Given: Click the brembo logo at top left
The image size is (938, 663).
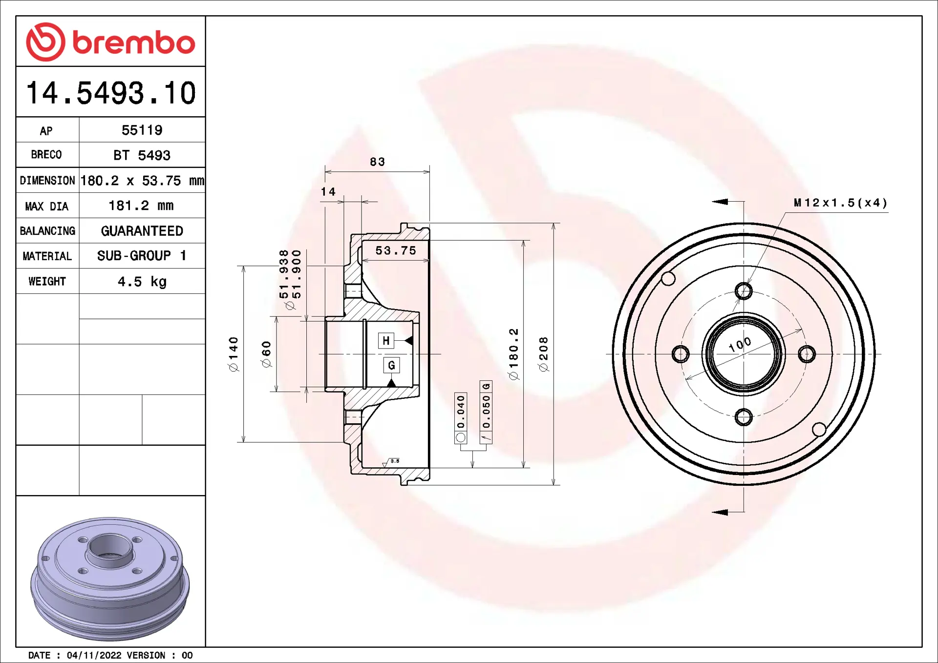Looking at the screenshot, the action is point(110,42).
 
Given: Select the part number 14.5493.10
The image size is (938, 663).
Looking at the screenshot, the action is point(111,93).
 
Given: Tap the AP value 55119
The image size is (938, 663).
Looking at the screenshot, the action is point(142,130).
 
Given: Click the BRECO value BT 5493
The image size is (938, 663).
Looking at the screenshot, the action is point(142,155).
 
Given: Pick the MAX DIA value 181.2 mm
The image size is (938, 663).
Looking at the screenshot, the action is point(141,206).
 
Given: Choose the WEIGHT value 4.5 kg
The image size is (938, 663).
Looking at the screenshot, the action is point(142,282).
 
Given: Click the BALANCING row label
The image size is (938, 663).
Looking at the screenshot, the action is point(47,231).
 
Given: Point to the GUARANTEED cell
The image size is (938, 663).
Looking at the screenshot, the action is point(142,231).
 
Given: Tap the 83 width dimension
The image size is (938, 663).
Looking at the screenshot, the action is point(377,162).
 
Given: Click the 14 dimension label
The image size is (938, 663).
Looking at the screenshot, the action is point(328,192).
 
